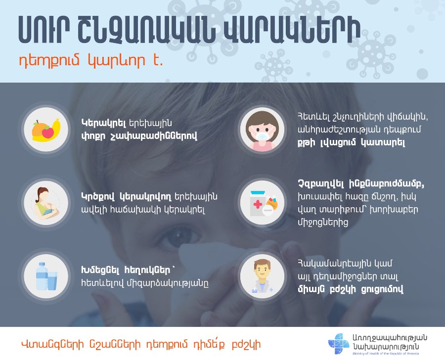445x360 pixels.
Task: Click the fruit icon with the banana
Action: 46,130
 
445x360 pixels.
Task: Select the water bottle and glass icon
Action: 46,276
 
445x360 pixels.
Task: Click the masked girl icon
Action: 262,130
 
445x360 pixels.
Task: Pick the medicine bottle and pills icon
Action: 263,203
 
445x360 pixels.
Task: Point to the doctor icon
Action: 262,276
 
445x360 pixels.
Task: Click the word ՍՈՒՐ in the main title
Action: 44,30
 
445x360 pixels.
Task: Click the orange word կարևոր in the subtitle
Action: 116,61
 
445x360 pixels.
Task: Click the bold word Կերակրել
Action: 104,123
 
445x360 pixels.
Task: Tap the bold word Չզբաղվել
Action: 321,183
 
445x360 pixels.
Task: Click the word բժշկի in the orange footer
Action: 246,344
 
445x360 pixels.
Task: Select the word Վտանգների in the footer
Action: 53,344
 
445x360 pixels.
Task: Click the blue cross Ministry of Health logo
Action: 339,344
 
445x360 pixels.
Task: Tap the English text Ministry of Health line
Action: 385,354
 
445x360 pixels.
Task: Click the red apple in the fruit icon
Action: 47,132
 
